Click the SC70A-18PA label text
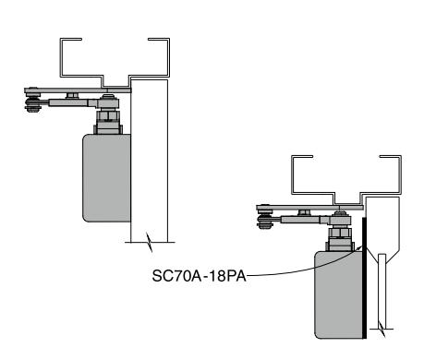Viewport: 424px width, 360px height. point(199,276)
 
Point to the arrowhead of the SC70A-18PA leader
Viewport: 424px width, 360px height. point(361,246)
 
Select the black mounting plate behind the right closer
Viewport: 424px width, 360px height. point(364,278)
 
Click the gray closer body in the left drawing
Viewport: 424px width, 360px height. point(106,178)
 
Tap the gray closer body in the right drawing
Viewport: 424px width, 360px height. point(338,294)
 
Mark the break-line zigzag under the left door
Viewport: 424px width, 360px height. point(150,242)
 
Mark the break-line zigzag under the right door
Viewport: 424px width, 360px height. point(382,329)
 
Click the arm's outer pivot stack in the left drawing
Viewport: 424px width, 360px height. point(32,101)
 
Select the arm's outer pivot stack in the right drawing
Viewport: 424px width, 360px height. point(264,217)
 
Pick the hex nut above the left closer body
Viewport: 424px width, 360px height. point(107,116)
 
